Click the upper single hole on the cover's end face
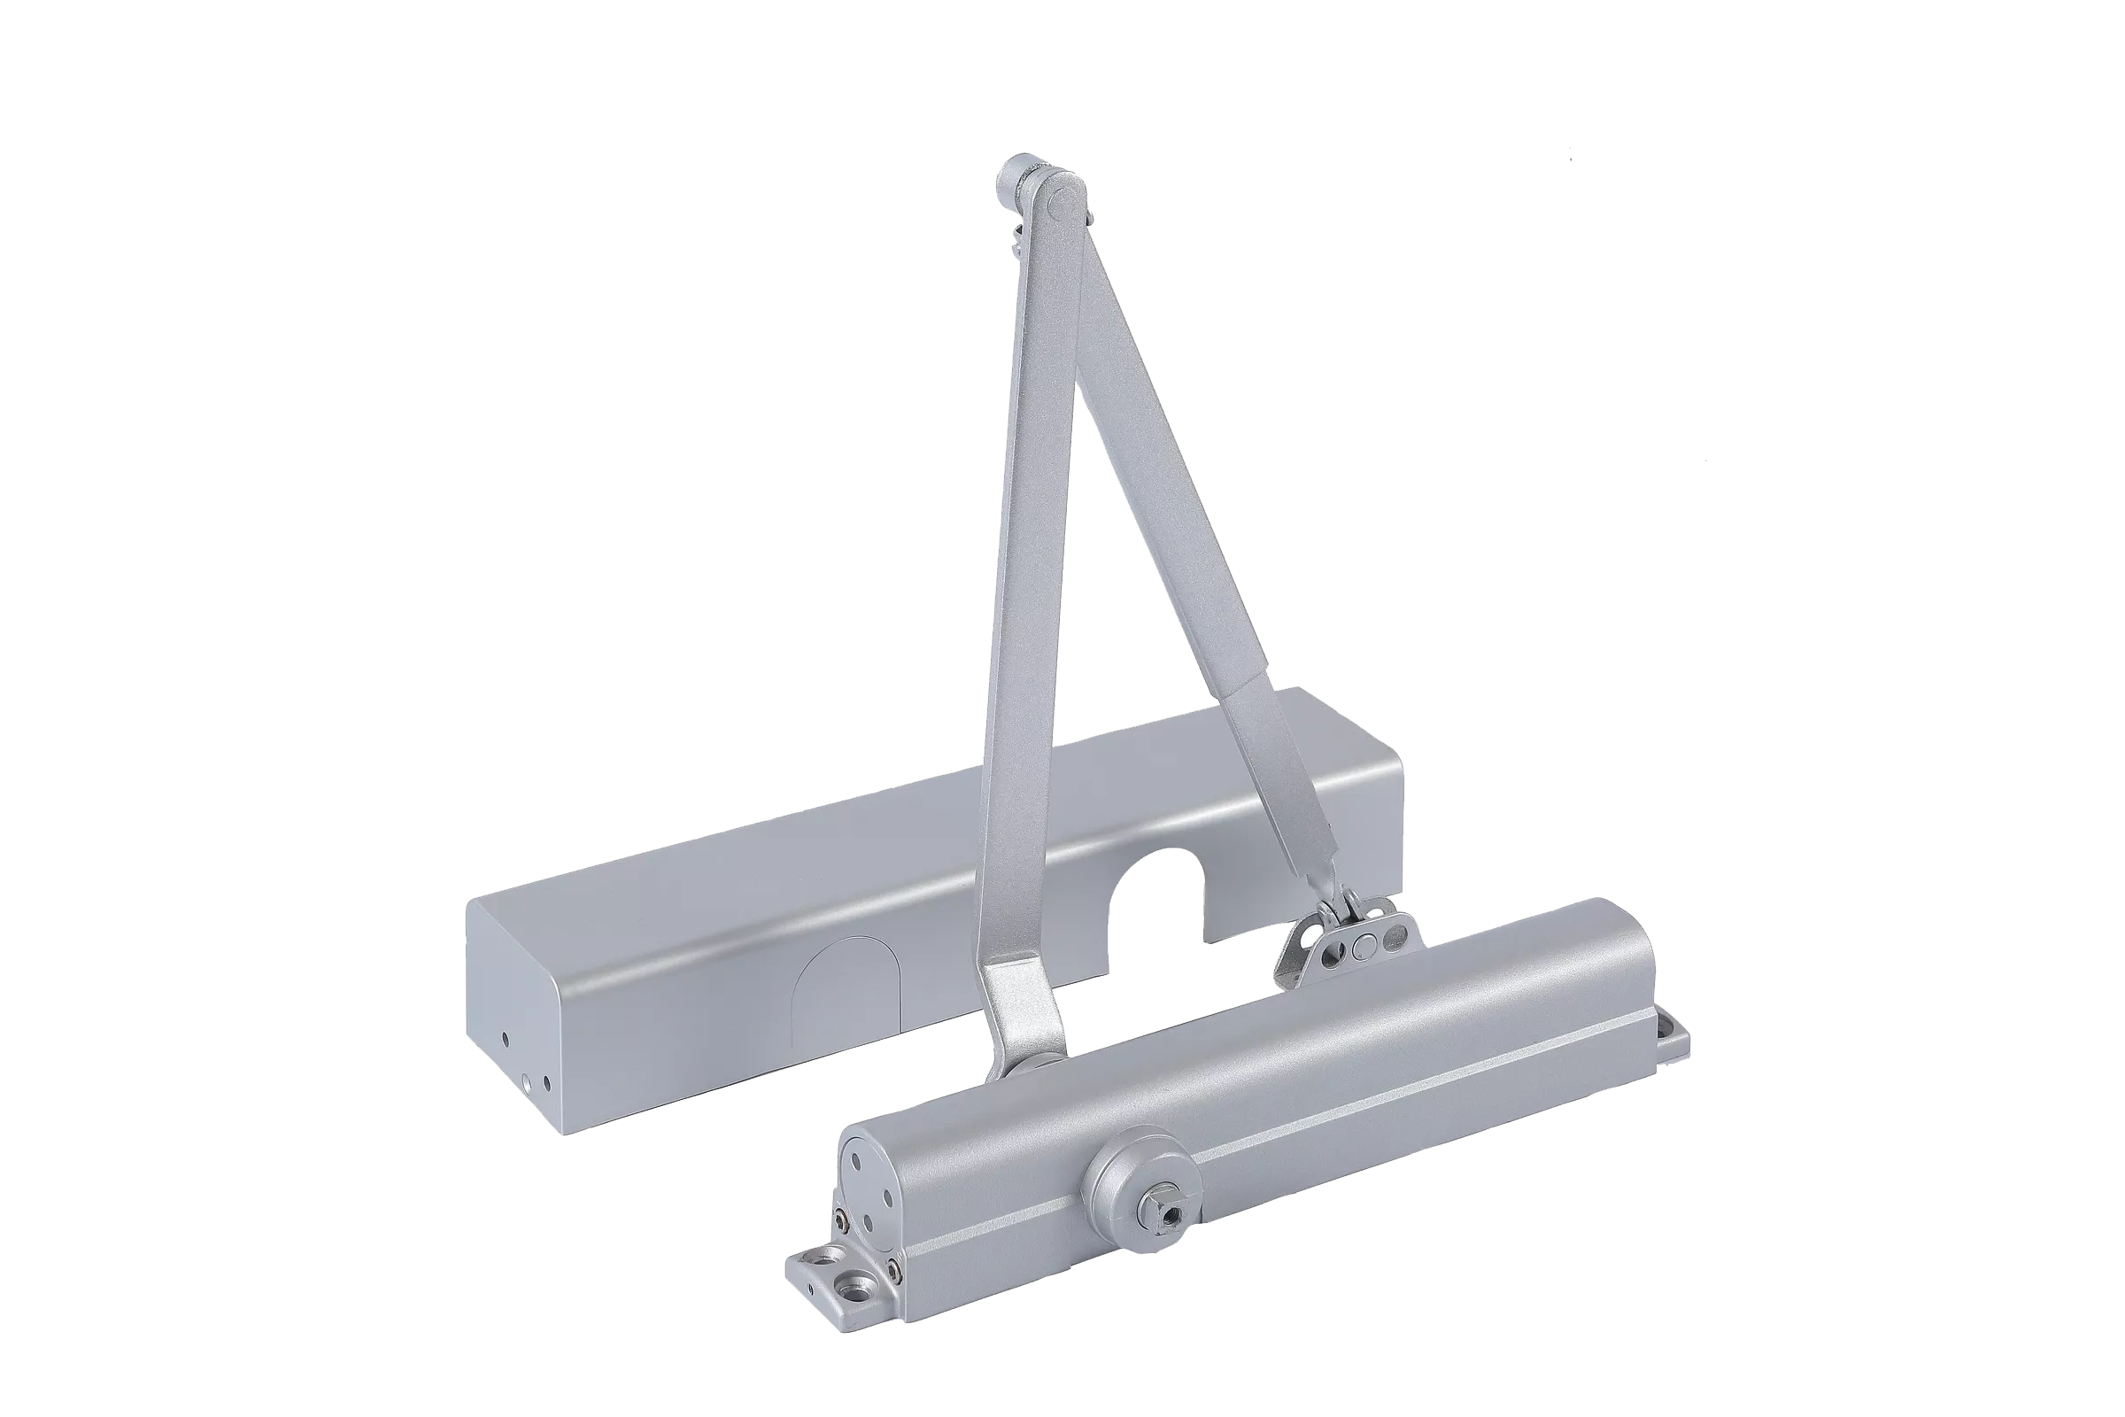point(506,1039)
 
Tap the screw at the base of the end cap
point(893,1266)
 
